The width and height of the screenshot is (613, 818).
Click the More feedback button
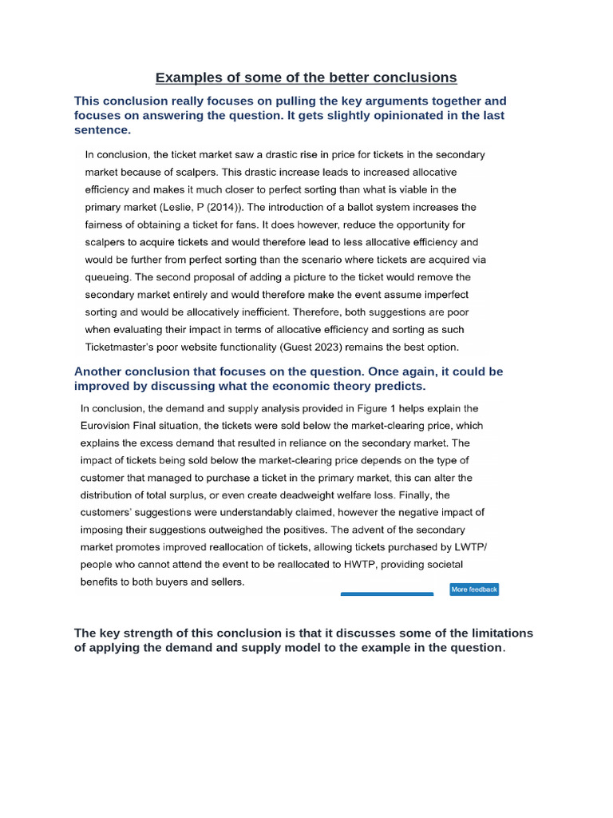pyautogui.click(x=474, y=590)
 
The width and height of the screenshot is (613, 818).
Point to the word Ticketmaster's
pyautogui.click(x=121, y=347)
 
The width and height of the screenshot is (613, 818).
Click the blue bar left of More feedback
pyautogui.click(x=387, y=594)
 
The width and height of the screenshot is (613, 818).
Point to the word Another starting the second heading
pyautogui.click(x=101, y=372)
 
